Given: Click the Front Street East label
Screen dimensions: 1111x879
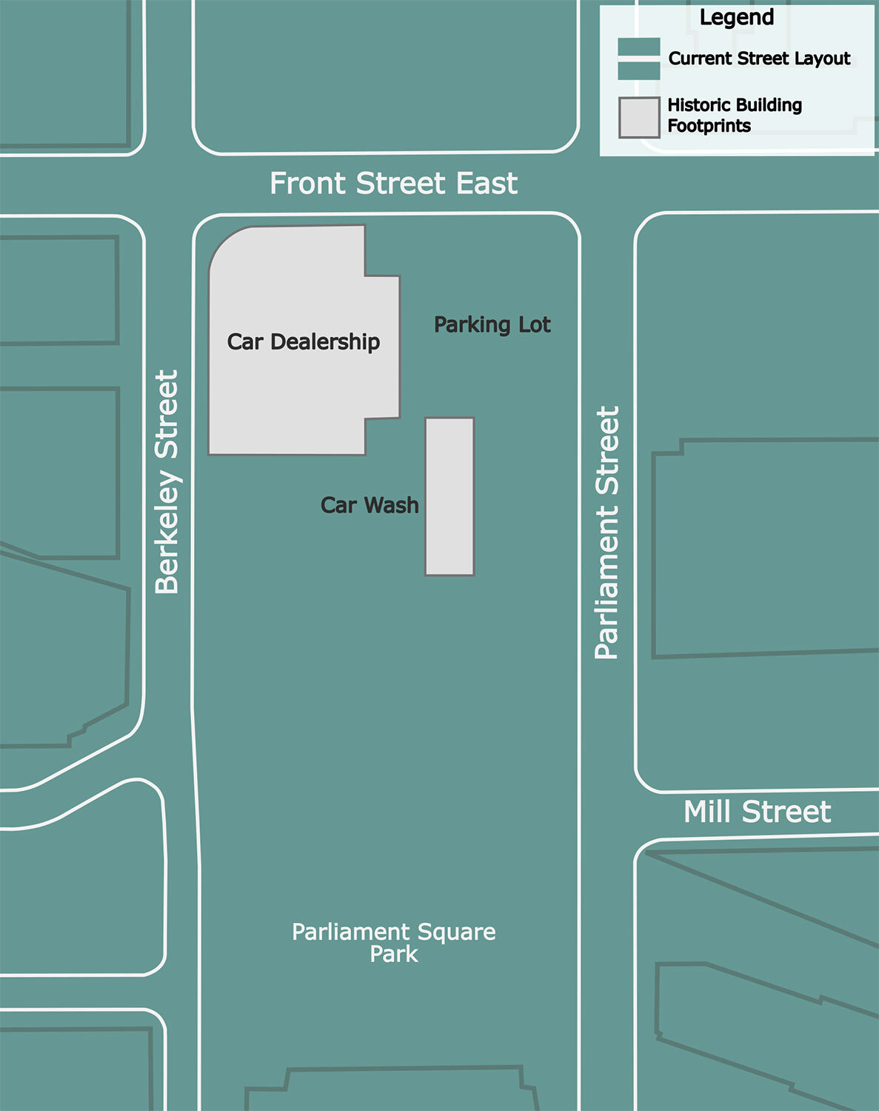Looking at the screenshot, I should pyautogui.click(x=393, y=184).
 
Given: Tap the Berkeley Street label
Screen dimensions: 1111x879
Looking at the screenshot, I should pyautogui.click(x=167, y=481).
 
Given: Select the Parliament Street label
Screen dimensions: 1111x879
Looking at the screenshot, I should pyautogui.click(x=607, y=532).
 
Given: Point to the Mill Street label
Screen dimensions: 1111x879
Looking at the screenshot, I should pyautogui.click(x=757, y=813).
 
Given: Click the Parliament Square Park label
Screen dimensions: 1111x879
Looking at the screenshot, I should pyautogui.click(x=394, y=942).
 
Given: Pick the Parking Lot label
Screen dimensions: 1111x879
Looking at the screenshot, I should pyautogui.click(x=492, y=324).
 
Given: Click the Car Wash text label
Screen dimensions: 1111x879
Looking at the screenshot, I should pyautogui.click(x=370, y=505).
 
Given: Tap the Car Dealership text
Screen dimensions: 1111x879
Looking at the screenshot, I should pyautogui.click(x=304, y=341).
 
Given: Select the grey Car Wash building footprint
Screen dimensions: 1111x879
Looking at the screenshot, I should pyautogui.click(x=449, y=496).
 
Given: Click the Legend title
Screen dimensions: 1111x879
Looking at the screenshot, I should pyautogui.click(x=737, y=17).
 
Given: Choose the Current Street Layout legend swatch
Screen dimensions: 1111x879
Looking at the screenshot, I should pyautogui.click(x=639, y=59).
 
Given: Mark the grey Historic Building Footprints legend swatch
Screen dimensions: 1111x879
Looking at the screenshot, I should pyautogui.click(x=639, y=117).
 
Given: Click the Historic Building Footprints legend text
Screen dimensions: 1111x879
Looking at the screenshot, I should pyautogui.click(x=735, y=115).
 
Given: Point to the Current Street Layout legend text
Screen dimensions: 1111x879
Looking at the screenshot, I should pyautogui.click(x=759, y=59).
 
